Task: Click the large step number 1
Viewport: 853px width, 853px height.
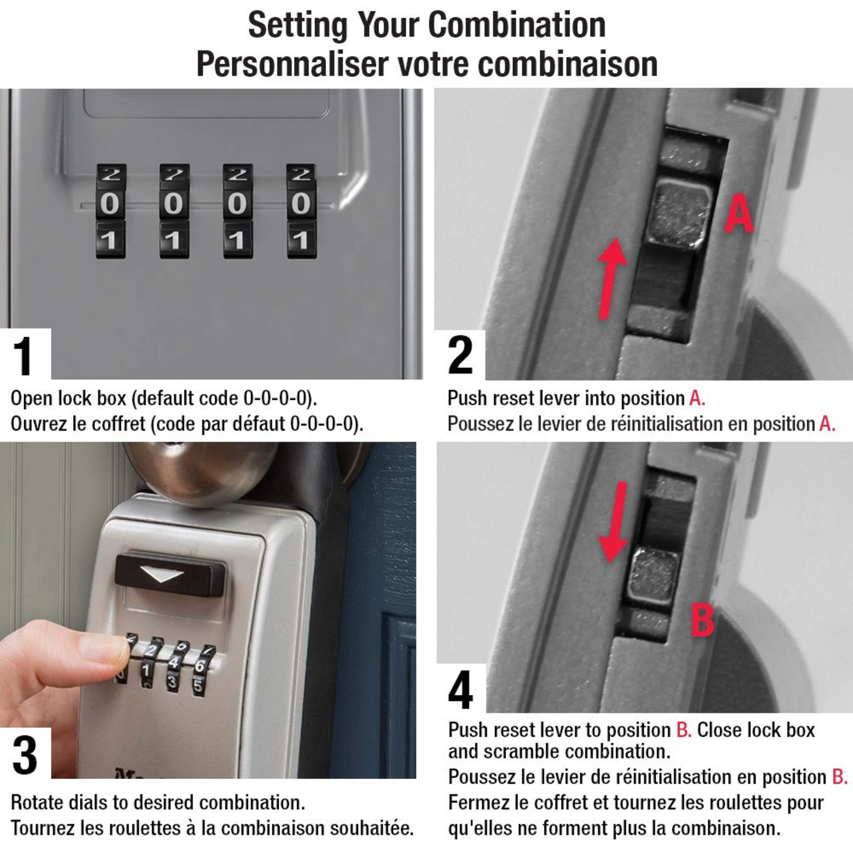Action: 23,356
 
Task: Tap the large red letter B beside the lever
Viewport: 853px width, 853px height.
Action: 702,620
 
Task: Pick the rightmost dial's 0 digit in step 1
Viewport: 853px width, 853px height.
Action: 301,204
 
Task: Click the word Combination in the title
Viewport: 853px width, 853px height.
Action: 517,25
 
